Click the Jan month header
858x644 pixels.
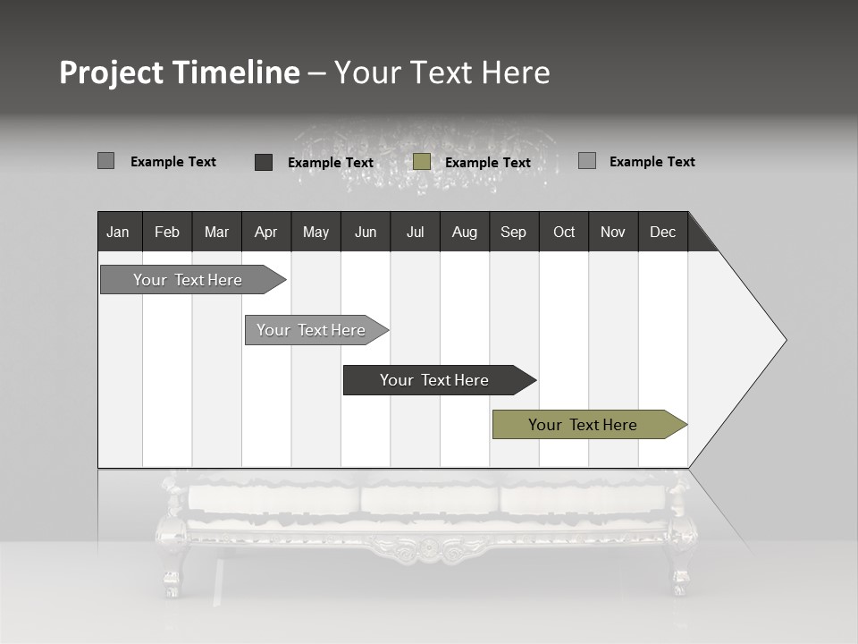tap(119, 232)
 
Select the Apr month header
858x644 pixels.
tap(265, 232)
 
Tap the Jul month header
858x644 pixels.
tap(415, 232)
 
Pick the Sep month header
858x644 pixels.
tap(513, 232)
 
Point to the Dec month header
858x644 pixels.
tap(662, 232)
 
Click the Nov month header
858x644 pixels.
tap(612, 232)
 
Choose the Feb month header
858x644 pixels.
tap(167, 232)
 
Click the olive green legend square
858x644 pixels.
tap(422, 162)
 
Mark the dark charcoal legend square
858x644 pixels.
tap(264, 162)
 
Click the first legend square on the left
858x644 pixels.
tap(105, 161)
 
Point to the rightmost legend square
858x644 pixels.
tap(587, 161)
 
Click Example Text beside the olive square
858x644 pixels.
tap(487, 163)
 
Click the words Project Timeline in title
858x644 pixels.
tap(179, 72)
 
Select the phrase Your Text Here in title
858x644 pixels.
tap(442, 72)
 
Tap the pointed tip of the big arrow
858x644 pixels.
tap(784, 340)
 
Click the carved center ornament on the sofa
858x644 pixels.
tap(429, 548)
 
